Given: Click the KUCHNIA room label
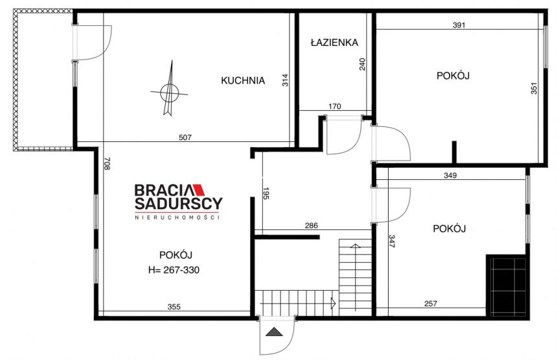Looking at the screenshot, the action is click(x=243, y=80).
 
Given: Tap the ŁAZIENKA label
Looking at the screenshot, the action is click(x=334, y=43).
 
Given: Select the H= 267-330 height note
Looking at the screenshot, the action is click(x=174, y=270).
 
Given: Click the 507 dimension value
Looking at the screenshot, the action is click(x=185, y=137).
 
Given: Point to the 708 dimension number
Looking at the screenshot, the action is click(x=107, y=163).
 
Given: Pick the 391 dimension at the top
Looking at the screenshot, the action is click(x=459, y=25).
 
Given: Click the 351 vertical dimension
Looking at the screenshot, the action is click(x=534, y=89).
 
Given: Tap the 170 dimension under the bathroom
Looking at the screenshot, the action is click(x=335, y=106).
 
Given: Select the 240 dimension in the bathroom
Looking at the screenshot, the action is click(x=362, y=64).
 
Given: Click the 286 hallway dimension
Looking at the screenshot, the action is click(x=311, y=225).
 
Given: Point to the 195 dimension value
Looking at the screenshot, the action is click(x=266, y=193).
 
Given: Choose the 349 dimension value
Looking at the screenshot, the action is click(x=450, y=175).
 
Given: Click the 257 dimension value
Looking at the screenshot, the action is click(x=431, y=304).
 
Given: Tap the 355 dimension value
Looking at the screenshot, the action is click(x=174, y=307).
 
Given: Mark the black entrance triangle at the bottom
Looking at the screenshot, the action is click(x=274, y=332).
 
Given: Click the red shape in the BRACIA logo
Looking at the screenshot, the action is click(x=199, y=190).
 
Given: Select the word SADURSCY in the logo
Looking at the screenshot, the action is click(x=178, y=204).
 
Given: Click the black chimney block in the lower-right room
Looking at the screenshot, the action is click(x=507, y=286).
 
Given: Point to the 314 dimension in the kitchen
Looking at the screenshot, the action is click(x=285, y=80).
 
